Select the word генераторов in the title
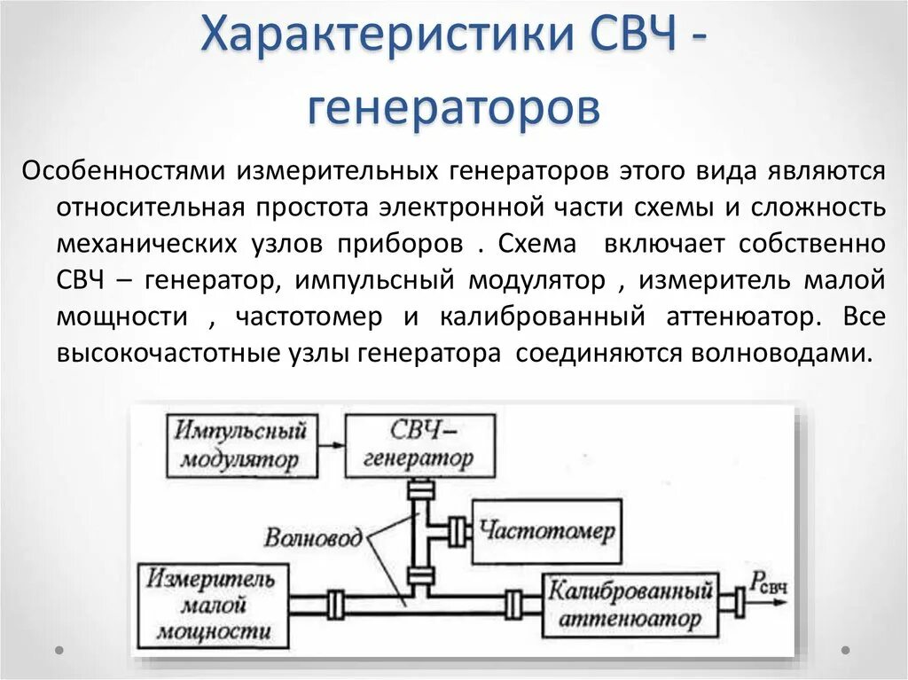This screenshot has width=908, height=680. pos(453,108)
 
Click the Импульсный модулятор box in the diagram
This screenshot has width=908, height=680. pos(240,446)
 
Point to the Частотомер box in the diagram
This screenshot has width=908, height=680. pos(546,531)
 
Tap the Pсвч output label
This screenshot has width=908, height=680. pos(769,582)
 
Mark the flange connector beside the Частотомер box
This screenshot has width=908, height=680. pos(458,531)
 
